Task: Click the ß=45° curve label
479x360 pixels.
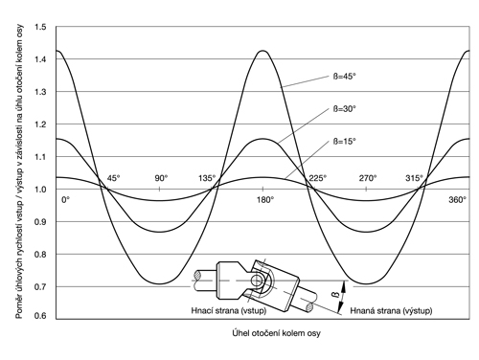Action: pos(345,77)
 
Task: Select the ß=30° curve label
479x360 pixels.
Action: pos(345,109)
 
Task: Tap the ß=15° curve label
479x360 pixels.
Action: pos(345,142)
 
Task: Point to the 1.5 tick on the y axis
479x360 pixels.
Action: pos(40,27)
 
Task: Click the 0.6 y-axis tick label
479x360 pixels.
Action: pos(40,316)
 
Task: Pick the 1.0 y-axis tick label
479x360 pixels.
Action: pos(40,190)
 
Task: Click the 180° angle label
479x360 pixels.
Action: pos(265,200)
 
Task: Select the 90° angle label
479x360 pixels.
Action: pos(161,178)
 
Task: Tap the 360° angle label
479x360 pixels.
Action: pos(458,200)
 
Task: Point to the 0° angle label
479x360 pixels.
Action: pos(65,200)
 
